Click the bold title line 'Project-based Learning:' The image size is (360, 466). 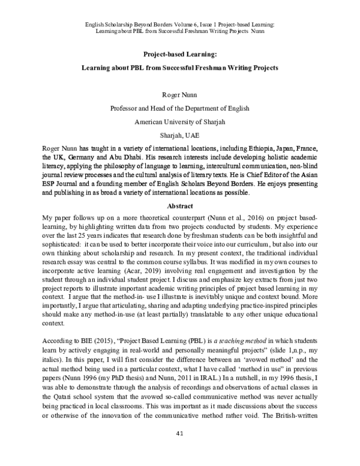[x=180, y=52]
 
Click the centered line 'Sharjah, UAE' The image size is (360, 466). [x=180, y=135]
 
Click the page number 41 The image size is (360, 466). [x=180, y=450]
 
